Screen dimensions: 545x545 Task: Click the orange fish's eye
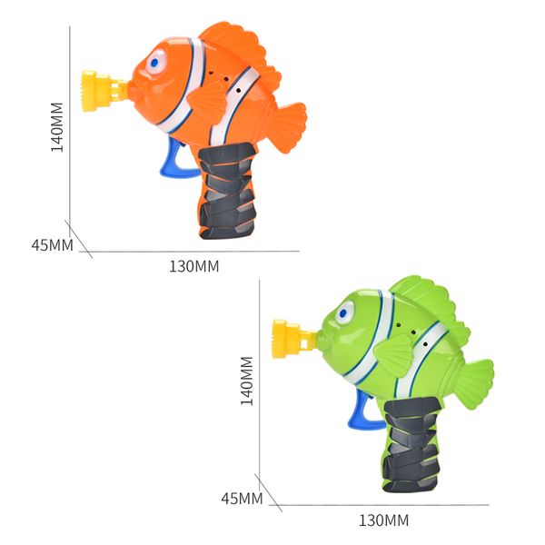[x=155, y=62]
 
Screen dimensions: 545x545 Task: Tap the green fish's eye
[x=344, y=312]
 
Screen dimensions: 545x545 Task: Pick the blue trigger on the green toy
[x=362, y=411]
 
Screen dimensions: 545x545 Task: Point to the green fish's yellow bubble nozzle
[x=292, y=339]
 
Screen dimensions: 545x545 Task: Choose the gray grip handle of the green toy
[x=412, y=444]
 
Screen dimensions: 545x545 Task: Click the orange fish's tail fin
[x=287, y=127]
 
